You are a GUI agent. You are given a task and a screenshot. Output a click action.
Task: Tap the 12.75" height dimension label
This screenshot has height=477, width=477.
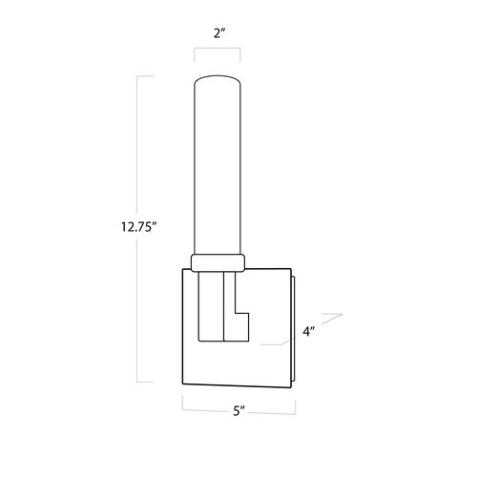[x=139, y=227]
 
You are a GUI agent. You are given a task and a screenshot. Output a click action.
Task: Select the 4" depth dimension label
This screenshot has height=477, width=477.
[x=308, y=331]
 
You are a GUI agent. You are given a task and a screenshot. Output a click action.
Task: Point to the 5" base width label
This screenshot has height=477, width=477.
[x=238, y=410]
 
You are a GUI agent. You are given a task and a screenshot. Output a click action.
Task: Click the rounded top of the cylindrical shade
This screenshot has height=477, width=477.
[x=218, y=78]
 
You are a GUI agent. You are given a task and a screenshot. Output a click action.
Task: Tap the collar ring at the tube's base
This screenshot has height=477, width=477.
[x=218, y=262]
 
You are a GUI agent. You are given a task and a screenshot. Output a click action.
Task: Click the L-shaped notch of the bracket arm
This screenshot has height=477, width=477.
[x=241, y=327]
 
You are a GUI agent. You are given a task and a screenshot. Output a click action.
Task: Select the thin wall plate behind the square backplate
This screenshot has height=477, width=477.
[x=293, y=328]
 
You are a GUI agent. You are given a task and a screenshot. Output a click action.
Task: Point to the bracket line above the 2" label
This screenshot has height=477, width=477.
[x=218, y=49]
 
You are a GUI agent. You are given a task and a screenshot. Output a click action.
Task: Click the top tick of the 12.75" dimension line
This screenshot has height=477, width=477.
[x=145, y=76]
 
